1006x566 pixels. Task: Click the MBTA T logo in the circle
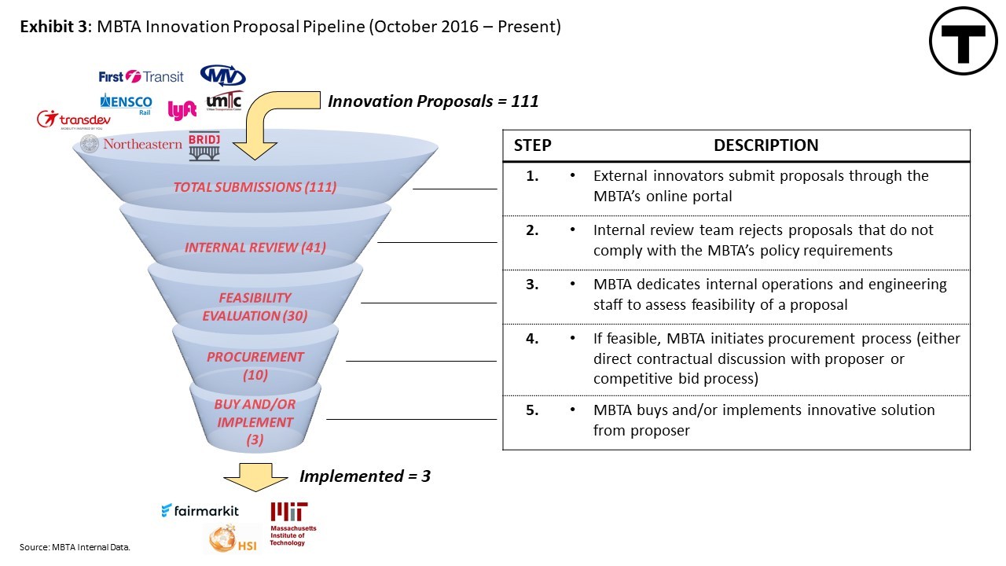click(963, 41)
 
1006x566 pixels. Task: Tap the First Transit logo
click(141, 77)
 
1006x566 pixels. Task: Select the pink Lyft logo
click(182, 110)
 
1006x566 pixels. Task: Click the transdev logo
click(73, 120)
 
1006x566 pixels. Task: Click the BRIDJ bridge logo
click(204, 146)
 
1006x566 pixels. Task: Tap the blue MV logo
click(222, 75)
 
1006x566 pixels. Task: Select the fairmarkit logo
click(200, 511)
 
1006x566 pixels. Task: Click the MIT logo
click(293, 524)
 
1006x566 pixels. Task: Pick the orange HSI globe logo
click(233, 538)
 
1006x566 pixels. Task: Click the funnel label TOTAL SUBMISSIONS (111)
click(255, 187)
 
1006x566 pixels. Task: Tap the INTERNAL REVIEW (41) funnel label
click(255, 248)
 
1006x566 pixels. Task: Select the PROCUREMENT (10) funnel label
click(255, 366)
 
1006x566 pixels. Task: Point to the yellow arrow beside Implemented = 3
click(255, 477)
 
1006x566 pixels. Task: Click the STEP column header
click(533, 145)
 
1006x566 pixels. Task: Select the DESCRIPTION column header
click(766, 145)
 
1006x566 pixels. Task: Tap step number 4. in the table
click(532, 338)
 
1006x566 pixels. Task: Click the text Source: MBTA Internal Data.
click(75, 547)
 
